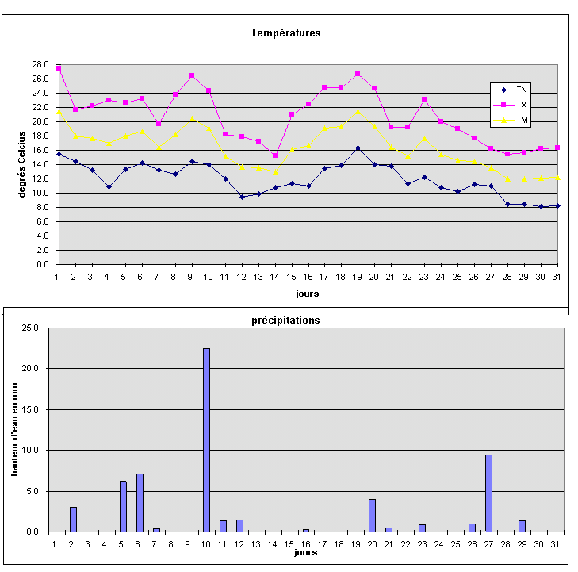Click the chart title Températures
pos(285,33)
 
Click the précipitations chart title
pos(285,321)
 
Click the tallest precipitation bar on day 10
pos(206,440)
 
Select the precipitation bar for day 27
pos(488,493)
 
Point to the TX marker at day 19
pos(358,74)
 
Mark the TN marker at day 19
pos(358,148)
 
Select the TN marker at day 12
pos(241,197)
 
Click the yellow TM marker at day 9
pos(191,118)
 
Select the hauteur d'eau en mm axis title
pos(13,429)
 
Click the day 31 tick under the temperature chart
pos(557,276)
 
